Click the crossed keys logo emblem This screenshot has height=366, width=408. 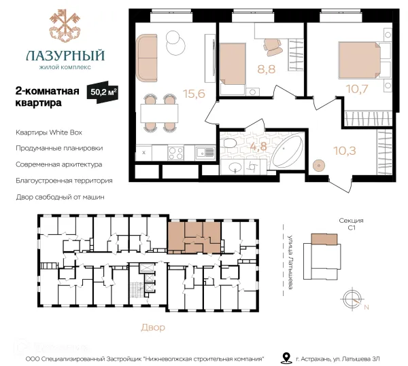click(x=65, y=26)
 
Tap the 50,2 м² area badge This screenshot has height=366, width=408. click(x=103, y=92)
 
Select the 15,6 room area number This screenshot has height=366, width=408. click(x=194, y=94)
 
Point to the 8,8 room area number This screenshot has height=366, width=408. click(x=266, y=69)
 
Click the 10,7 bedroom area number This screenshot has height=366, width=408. click(x=357, y=89)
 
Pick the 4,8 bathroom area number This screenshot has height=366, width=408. click(x=258, y=146)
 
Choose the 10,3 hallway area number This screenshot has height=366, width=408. click(x=345, y=151)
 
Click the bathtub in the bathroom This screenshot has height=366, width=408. click(x=288, y=151)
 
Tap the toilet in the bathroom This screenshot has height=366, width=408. click(x=229, y=143)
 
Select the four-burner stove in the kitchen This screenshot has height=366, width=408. click(x=175, y=153)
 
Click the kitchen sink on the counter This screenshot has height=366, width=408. click(x=205, y=152)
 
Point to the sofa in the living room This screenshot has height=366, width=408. click(x=147, y=58)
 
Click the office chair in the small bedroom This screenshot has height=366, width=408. click(x=273, y=47)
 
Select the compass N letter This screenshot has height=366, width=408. click(x=367, y=308)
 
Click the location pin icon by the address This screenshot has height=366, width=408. click(x=286, y=358)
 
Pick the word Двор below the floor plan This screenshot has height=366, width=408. click(x=153, y=327)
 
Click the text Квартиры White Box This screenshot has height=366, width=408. click(x=49, y=132)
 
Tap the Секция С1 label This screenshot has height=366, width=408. click(x=351, y=224)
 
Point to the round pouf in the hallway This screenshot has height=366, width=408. click(x=319, y=165)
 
